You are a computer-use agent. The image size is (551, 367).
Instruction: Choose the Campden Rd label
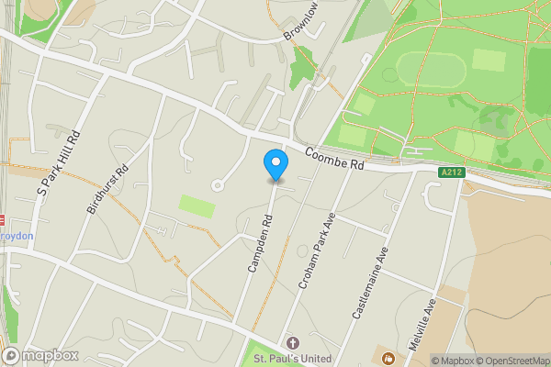[260, 243]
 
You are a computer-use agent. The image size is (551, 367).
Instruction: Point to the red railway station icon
[3, 220]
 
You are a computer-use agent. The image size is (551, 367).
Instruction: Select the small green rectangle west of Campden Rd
[197, 206]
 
